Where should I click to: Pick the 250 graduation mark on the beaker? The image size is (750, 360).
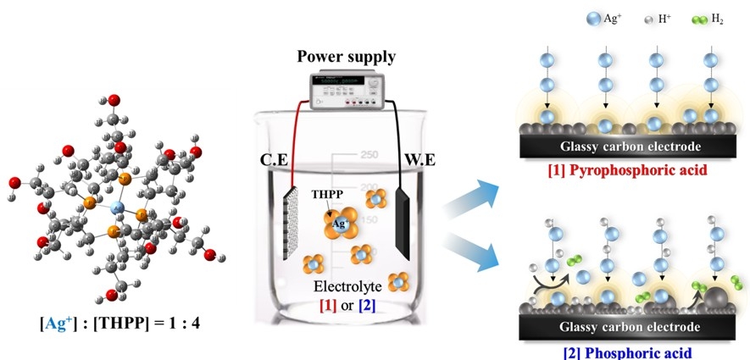[x=368, y=155]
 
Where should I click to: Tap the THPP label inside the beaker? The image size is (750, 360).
[x=325, y=194]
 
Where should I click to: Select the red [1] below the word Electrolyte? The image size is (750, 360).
[x=327, y=304]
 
